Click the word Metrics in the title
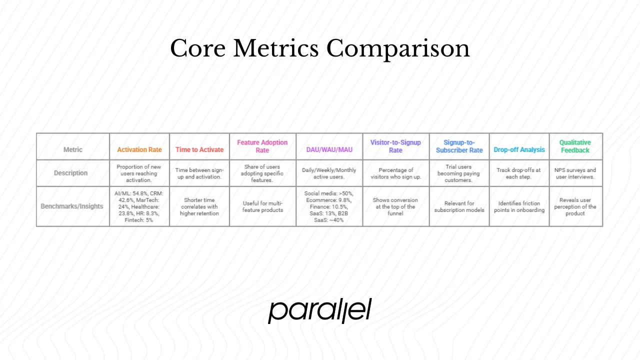click(275, 49)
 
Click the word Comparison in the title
click(398, 49)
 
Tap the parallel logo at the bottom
click(319, 311)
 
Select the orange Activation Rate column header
click(139, 149)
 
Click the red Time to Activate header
click(199, 149)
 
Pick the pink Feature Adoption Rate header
click(262, 146)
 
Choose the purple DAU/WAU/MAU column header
click(329, 149)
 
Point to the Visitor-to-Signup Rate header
click(395, 146)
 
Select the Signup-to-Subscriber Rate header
click(459, 146)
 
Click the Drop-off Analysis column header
click(519, 149)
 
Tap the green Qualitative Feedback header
click(575, 146)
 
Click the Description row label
click(70, 173)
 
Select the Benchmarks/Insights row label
click(71, 206)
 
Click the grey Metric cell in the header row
click(73, 149)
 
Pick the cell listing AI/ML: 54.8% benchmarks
click(139, 206)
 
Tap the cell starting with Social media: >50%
click(329, 206)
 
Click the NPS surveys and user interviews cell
click(575, 173)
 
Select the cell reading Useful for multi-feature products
click(262, 206)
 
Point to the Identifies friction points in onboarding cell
click(519, 206)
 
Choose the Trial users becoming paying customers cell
click(459, 173)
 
